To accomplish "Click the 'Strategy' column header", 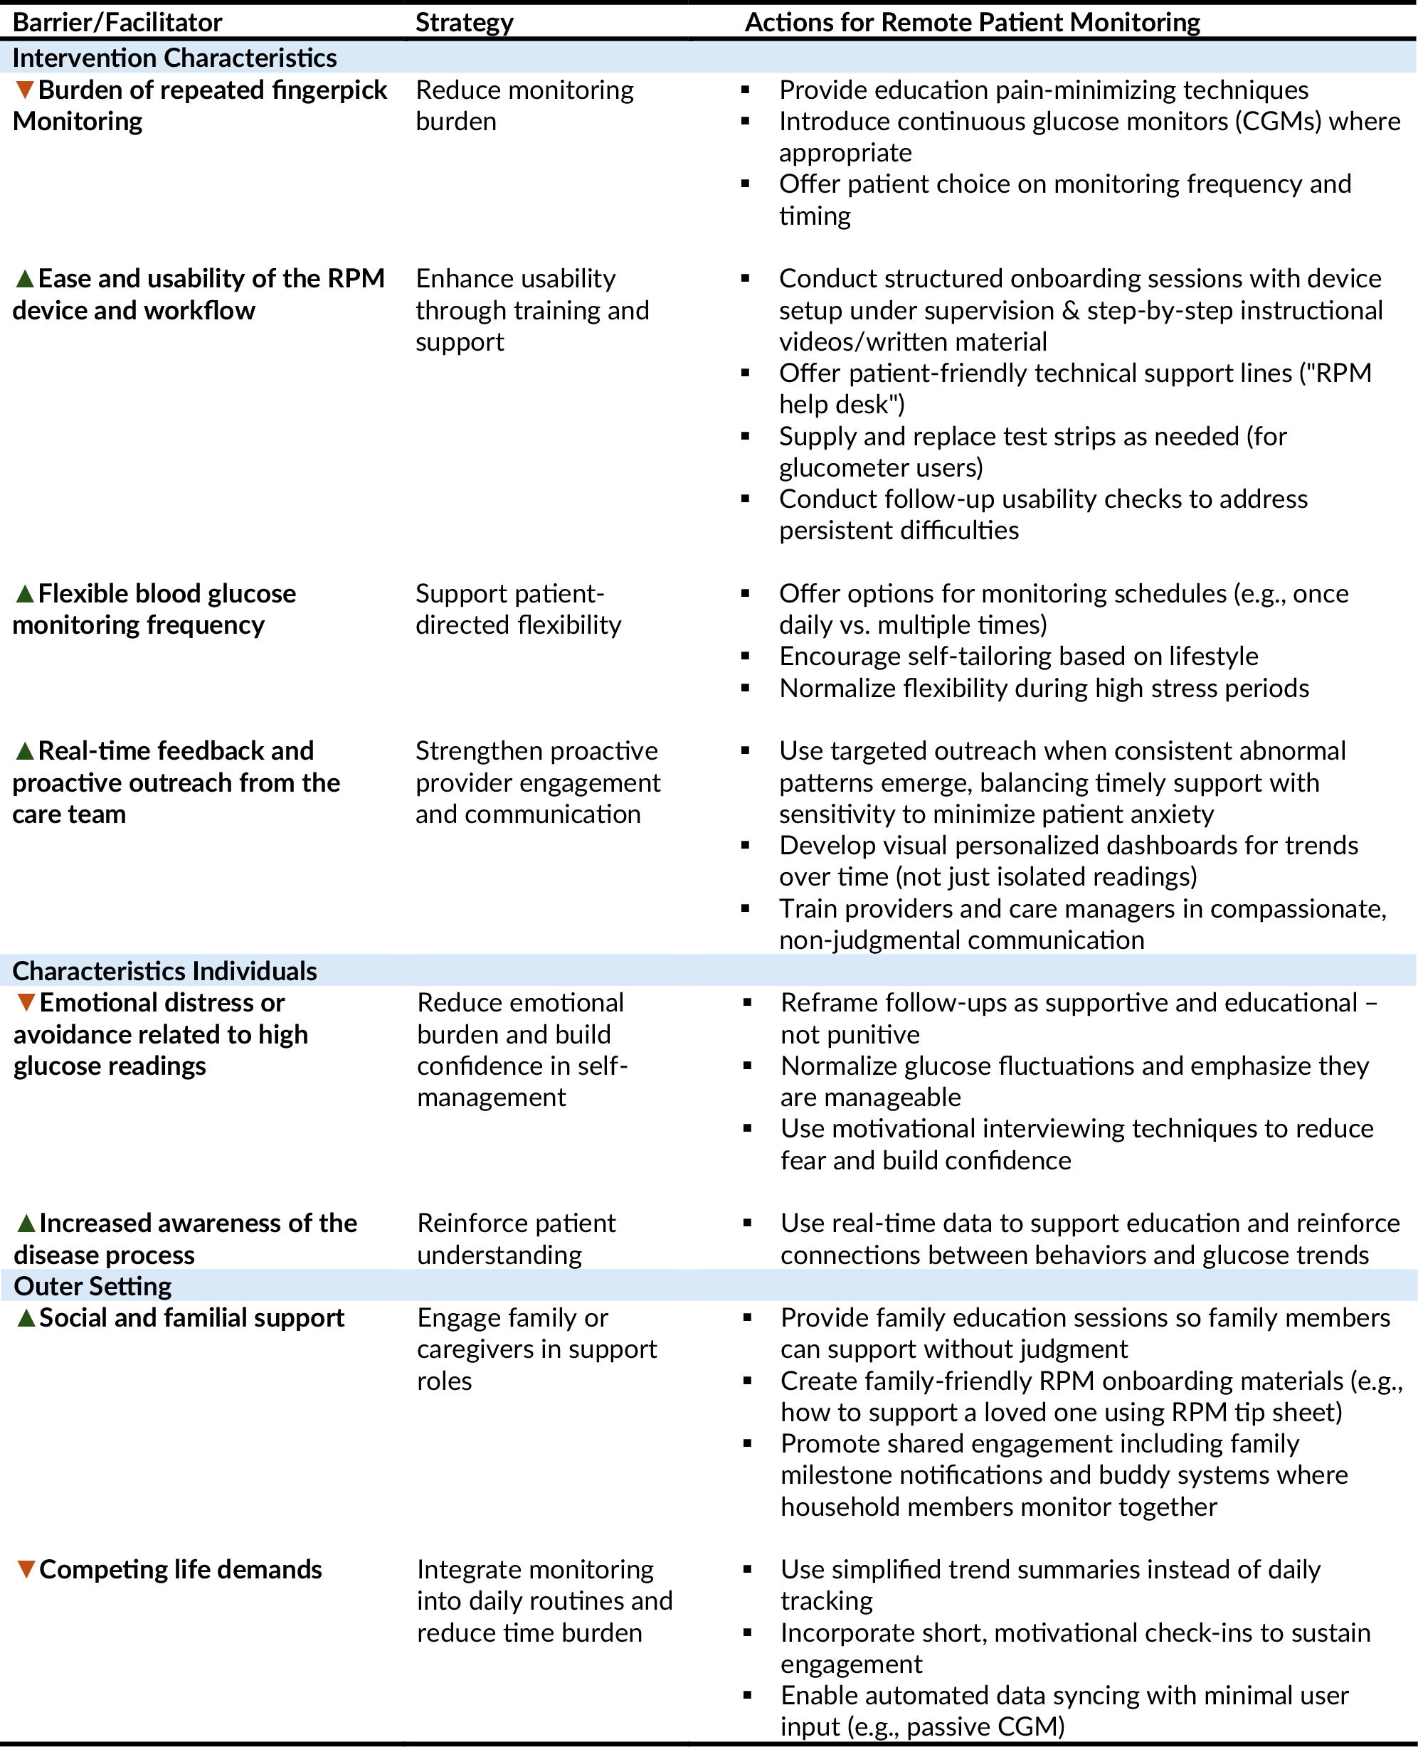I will [x=464, y=22].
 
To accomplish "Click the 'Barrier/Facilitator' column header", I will [x=117, y=22].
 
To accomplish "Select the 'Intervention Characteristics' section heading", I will [x=174, y=58].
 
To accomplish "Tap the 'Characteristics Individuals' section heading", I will [x=164, y=970].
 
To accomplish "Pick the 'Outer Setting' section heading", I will [x=92, y=1285].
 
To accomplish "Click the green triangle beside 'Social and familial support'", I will [x=26, y=1317].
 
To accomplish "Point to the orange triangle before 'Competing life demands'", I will [x=26, y=1569].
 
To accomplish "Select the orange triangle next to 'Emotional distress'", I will [x=26, y=1002].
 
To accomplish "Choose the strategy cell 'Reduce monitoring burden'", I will [x=524, y=105].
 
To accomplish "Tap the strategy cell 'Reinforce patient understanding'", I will [x=517, y=1238].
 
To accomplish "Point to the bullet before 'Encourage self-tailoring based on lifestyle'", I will [x=746, y=657].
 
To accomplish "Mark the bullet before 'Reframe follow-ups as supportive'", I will [x=747, y=1002].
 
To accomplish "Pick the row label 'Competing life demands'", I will [x=181, y=1569].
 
